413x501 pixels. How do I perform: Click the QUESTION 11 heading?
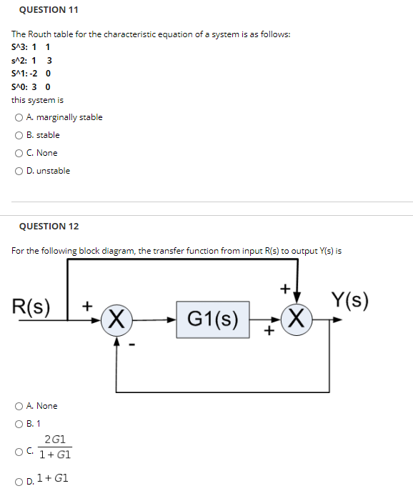49,10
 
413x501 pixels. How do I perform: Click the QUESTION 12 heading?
49,227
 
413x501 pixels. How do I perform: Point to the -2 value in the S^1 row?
36,73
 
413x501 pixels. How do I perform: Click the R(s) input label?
32,307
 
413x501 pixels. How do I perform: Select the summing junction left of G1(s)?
116,318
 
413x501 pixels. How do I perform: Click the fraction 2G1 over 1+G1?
56,448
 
